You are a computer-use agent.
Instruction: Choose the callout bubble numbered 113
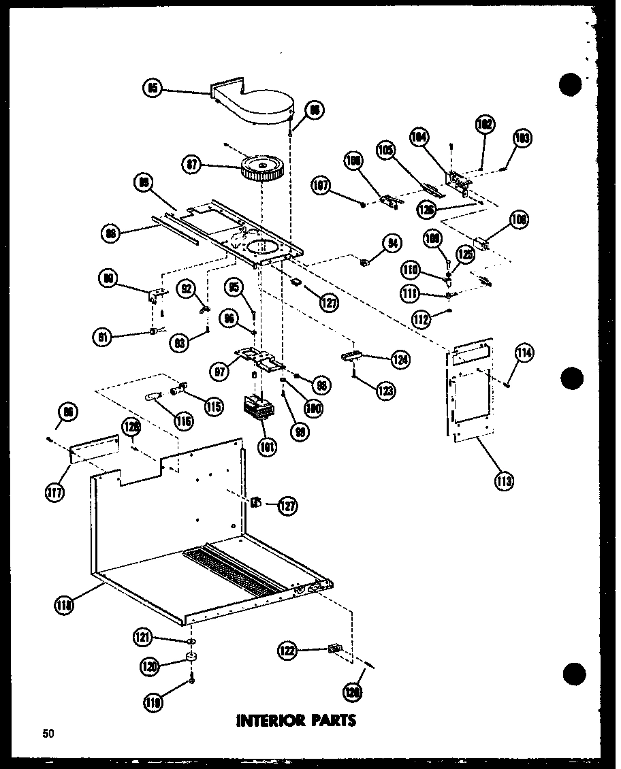coord(505,481)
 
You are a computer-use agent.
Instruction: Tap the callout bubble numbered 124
coord(400,359)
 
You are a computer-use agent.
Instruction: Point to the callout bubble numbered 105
coord(387,150)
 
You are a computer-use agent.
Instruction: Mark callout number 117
coord(55,493)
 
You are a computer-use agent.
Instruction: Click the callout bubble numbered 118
coord(65,602)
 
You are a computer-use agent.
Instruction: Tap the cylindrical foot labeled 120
coord(191,659)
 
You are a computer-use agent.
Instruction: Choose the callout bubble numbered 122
coord(287,651)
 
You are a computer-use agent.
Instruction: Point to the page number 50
coord(48,733)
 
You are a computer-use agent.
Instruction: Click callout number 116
coord(182,421)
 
